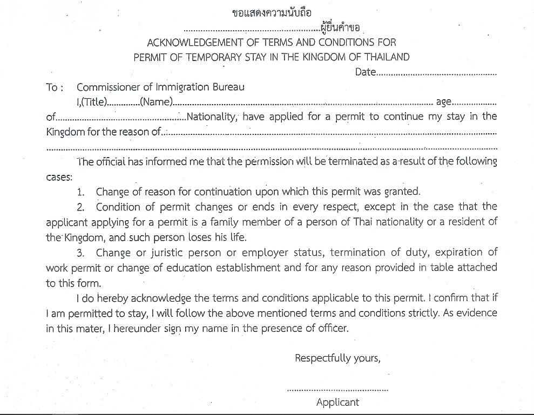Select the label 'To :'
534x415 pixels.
(x=56, y=87)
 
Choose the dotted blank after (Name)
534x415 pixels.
(x=302, y=103)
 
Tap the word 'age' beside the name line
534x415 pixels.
(x=443, y=102)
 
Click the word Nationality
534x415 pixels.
(x=211, y=117)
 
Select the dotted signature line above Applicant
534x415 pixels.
(x=337, y=389)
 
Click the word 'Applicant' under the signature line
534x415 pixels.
(x=337, y=402)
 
